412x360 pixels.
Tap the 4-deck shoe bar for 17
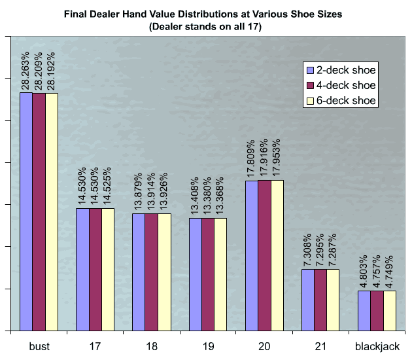point(95,269)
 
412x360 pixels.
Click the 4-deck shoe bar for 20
point(264,255)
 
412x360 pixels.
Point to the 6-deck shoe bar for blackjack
point(390,310)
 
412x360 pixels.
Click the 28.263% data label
point(27,68)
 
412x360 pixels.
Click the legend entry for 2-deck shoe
point(345,70)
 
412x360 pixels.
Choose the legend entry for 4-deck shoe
point(345,85)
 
